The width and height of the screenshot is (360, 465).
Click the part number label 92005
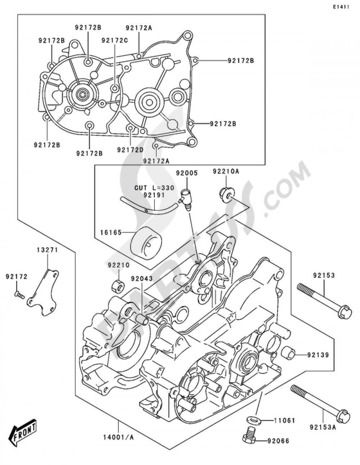(186, 173)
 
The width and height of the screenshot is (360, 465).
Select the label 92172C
(114, 40)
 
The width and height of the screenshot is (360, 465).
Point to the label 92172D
(130, 149)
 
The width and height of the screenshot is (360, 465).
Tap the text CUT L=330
(154, 188)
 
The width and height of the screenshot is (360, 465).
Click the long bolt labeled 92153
(323, 299)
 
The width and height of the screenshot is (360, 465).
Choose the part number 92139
(318, 355)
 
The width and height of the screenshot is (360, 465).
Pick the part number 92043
(141, 279)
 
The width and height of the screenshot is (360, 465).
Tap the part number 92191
(154, 195)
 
